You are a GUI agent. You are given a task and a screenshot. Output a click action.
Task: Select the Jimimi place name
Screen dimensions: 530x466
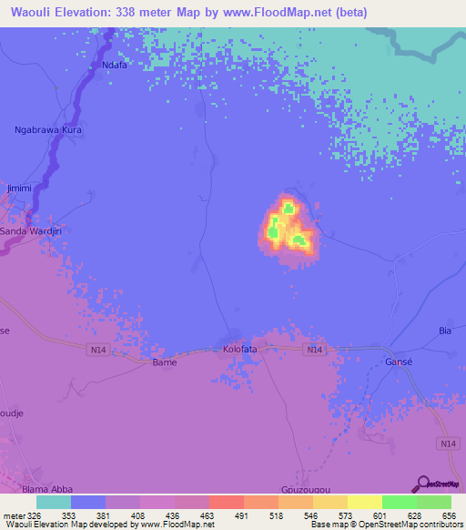tap(19, 188)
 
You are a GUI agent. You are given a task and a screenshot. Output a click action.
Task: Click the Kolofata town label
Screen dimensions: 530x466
tap(241, 349)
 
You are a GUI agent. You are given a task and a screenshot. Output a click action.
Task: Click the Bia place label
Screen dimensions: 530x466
tap(445, 330)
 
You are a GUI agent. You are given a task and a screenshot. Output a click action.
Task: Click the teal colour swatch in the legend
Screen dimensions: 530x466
tap(54, 502)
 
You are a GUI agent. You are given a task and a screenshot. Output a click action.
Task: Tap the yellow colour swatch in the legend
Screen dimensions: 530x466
tap(365, 502)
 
